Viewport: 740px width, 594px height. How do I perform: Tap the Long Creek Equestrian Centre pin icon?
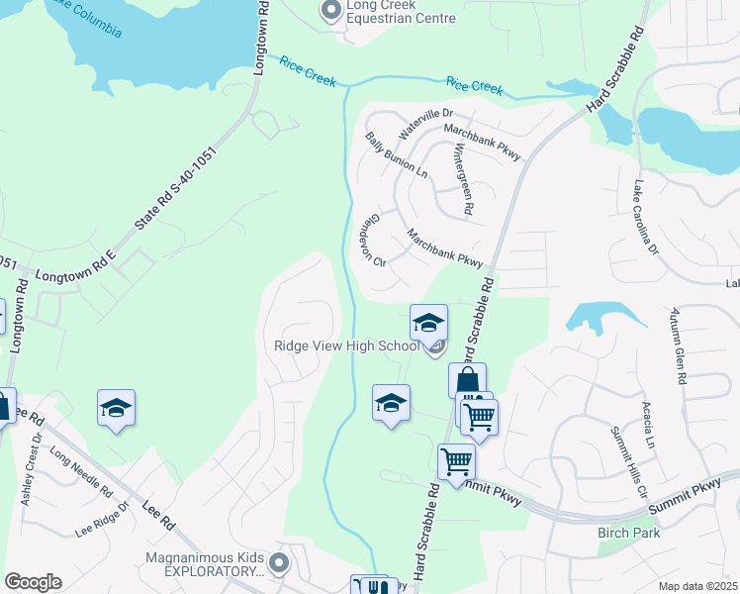click(330, 11)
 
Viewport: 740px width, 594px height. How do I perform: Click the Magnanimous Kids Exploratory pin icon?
click(279, 564)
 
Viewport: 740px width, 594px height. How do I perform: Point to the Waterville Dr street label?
click(424, 124)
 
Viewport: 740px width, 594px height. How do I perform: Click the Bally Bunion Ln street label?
click(396, 155)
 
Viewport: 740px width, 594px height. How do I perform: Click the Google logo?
click(33, 582)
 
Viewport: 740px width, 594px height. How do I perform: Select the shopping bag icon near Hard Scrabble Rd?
click(467, 380)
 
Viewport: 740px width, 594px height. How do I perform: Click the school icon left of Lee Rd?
click(116, 408)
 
